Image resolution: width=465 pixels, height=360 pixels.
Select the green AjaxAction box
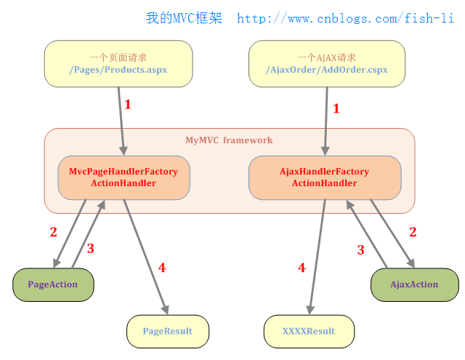coord(414,284)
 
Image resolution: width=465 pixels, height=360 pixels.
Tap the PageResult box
coord(168,331)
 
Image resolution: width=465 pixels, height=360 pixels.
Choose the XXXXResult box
coord(309,331)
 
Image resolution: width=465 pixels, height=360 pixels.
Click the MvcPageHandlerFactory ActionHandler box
coord(124,177)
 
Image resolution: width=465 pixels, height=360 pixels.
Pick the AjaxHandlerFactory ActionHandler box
coord(325,177)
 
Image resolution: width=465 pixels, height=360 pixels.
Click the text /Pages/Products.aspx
coord(118,70)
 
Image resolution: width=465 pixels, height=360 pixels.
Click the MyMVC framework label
coord(229,140)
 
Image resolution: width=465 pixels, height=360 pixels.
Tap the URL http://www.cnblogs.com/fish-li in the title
coord(345,18)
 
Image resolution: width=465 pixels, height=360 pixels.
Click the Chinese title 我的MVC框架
coord(185,18)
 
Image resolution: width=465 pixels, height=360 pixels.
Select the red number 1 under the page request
coord(128,105)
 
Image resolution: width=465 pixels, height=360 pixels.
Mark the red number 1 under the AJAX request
coord(336,109)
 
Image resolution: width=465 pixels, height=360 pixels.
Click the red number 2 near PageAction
coord(53,233)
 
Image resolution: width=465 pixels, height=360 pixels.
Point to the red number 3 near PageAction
coord(91,249)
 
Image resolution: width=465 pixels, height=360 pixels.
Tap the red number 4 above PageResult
coord(161,268)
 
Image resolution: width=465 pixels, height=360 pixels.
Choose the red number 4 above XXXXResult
coord(302,268)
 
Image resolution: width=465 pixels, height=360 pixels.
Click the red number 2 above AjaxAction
coord(413,233)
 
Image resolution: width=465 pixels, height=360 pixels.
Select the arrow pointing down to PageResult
coord(145,255)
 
